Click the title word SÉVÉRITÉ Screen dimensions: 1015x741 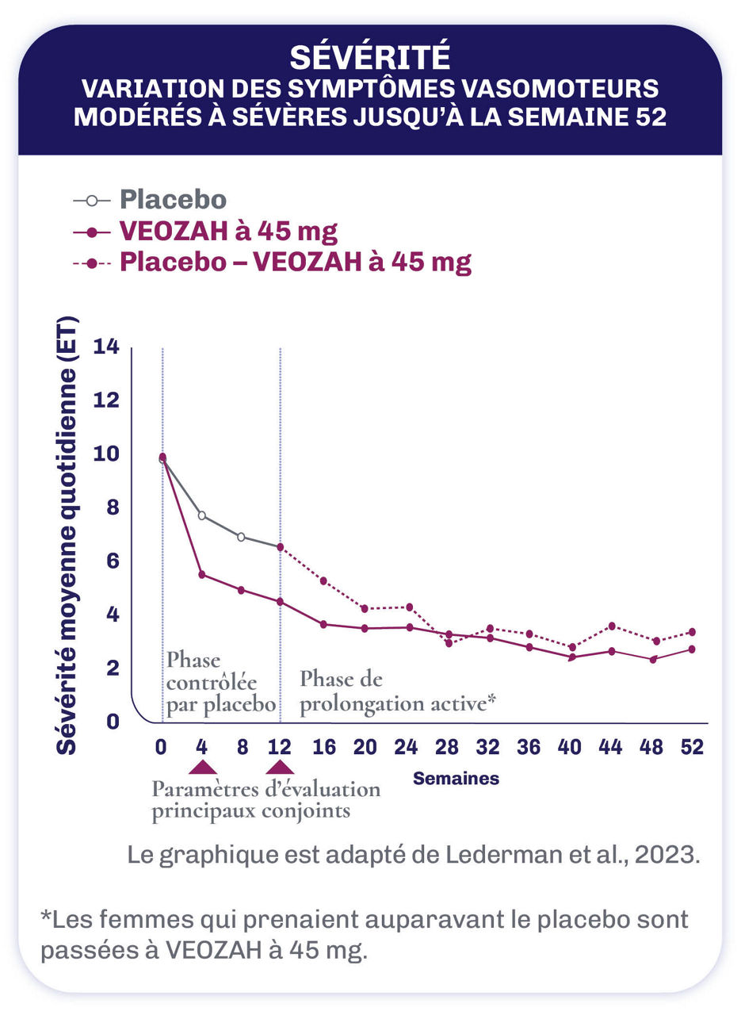tap(369, 57)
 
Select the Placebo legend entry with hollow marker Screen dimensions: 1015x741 tap(173, 201)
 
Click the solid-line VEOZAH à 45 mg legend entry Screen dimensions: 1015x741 tap(228, 232)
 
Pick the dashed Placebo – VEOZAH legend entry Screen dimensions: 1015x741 tap(295, 262)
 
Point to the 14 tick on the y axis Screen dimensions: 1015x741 tap(106, 347)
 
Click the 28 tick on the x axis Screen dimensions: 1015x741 tap(448, 747)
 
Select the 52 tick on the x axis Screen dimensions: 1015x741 tap(692, 747)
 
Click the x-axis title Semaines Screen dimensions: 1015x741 tap(456, 779)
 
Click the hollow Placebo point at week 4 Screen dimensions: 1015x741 tap(202, 515)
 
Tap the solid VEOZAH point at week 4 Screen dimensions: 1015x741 tap(202, 574)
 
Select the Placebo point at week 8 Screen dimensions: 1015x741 tap(241, 537)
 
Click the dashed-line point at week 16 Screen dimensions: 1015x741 tap(323, 580)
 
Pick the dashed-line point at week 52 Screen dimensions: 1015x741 tap(692, 632)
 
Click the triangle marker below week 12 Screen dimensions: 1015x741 tap(280, 766)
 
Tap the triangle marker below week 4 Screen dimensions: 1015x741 tap(202, 766)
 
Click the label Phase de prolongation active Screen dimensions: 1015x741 tap(397, 691)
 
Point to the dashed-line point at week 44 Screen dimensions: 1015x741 tap(610, 626)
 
